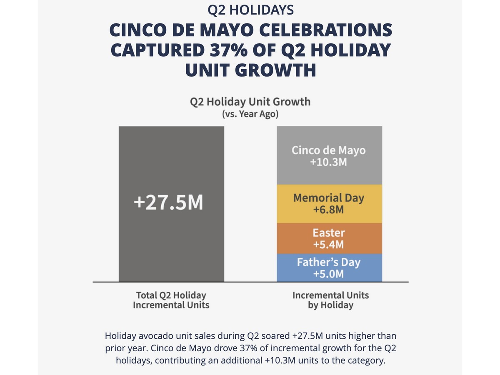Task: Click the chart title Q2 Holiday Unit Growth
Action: tap(250, 102)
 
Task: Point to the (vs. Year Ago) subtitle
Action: tap(250, 113)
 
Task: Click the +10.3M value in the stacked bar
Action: tap(329, 162)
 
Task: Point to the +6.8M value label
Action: tap(329, 209)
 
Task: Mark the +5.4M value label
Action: tap(329, 244)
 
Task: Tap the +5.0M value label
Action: tap(329, 274)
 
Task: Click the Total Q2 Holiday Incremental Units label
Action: tap(171, 300)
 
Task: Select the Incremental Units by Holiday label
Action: tap(330, 300)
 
